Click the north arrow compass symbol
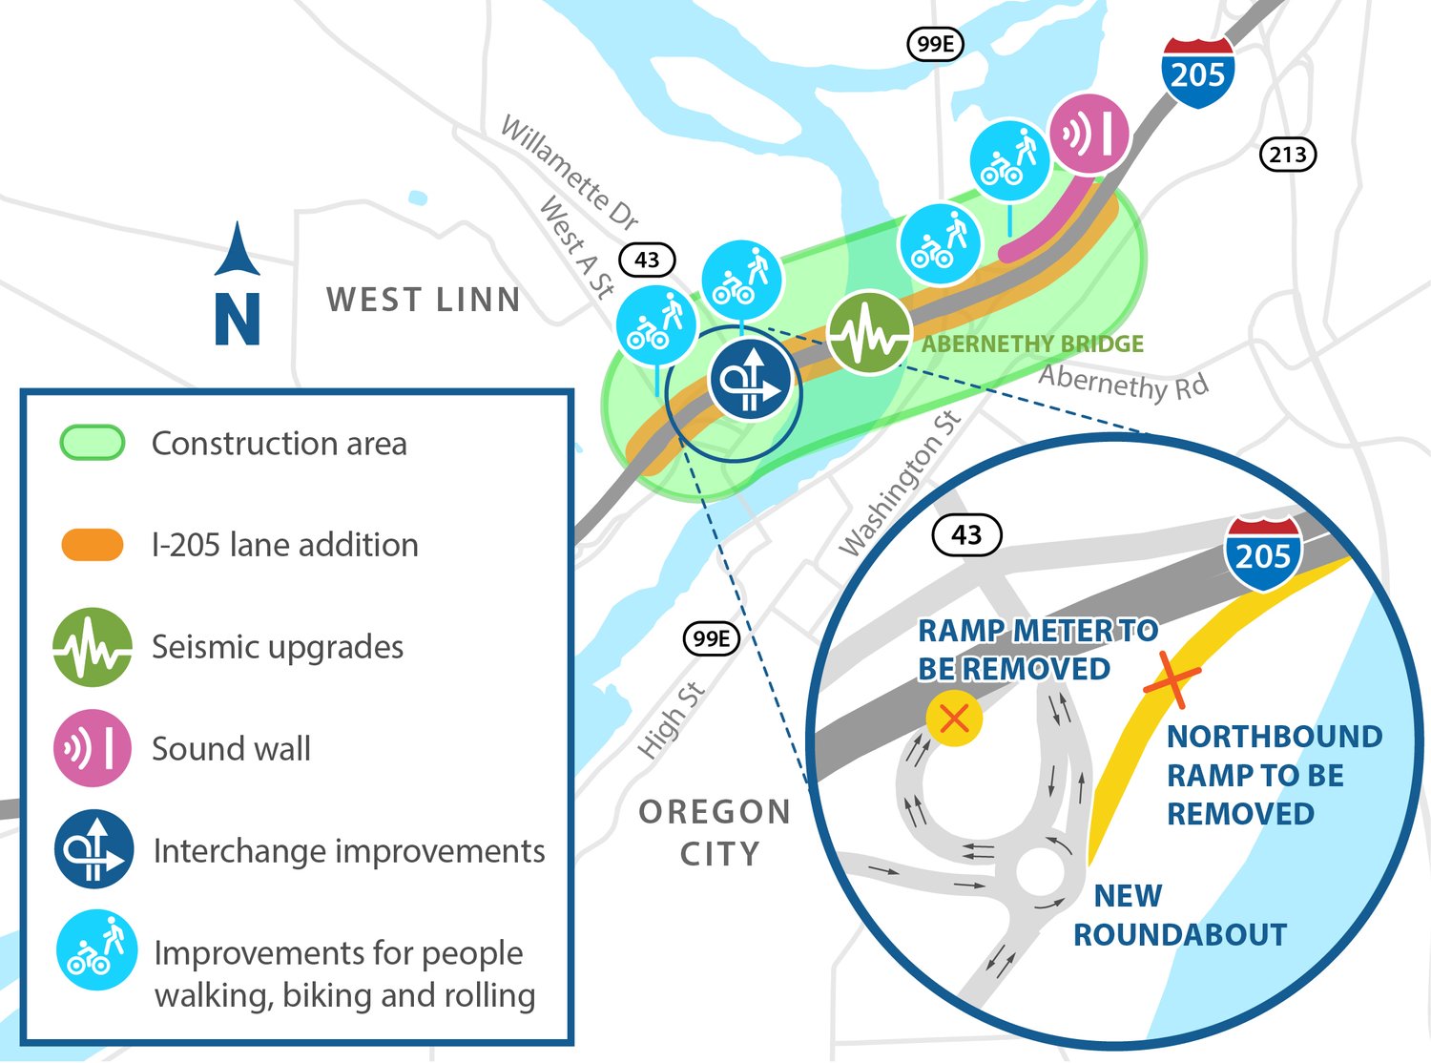click(x=238, y=283)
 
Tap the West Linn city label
click(x=424, y=300)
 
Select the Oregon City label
click(x=715, y=832)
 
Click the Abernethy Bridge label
click(x=1032, y=344)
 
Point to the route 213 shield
click(x=1288, y=154)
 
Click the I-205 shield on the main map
click(x=1198, y=73)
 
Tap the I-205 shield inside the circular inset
click(x=1263, y=552)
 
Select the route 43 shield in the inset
click(x=966, y=534)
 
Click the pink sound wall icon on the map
click(x=1089, y=134)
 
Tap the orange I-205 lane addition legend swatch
click(x=93, y=545)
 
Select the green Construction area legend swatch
click(x=93, y=443)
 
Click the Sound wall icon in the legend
click(x=92, y=748)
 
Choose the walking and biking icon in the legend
click(x=96, y=950)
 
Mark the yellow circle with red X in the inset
click(x=954, y=719)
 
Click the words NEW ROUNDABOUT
click(x=1179, y=915)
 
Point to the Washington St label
click(x=899, y=484)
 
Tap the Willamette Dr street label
click(x=570, y=173)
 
